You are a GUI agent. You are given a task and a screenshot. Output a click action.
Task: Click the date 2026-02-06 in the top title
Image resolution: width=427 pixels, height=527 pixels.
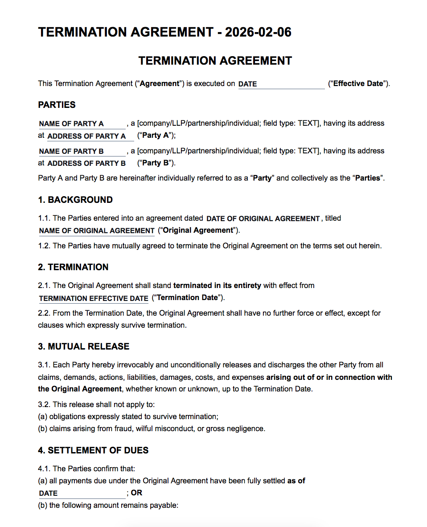258,33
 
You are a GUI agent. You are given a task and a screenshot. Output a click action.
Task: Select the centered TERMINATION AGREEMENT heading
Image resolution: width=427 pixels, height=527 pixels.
215,61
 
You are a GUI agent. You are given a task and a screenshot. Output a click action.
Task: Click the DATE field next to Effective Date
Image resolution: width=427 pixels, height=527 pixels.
281,84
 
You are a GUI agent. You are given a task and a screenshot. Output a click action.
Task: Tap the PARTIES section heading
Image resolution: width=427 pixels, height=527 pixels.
57,105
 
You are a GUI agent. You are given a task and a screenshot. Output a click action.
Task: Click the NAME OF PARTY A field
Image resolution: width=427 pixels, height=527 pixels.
82,124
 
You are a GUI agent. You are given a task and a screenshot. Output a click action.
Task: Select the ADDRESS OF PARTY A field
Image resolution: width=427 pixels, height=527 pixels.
89,136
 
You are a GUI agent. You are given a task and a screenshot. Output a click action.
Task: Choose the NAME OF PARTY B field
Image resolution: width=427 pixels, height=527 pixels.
82,151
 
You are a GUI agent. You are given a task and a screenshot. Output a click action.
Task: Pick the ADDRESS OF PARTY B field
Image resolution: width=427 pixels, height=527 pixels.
89,163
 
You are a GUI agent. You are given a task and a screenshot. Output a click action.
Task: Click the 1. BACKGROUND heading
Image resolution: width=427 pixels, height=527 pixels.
75,200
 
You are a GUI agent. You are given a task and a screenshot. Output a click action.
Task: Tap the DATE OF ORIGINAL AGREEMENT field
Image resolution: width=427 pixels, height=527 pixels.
263,218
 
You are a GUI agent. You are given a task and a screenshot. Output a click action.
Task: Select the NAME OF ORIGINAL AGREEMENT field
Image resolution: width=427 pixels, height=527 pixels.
97,231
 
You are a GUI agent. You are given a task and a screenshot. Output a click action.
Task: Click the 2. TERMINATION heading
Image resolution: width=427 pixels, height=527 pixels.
73,267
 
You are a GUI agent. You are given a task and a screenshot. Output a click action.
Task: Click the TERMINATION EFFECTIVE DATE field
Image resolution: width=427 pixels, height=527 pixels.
94,298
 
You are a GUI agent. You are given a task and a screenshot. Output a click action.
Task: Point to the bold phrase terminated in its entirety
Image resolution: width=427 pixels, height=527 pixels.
217,285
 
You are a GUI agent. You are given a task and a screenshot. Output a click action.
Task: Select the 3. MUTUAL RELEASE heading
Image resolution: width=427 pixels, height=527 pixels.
84,346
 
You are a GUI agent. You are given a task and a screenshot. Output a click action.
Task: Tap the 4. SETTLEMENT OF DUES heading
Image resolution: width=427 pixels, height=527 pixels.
93,450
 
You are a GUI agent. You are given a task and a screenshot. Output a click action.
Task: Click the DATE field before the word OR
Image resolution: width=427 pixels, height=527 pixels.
82,494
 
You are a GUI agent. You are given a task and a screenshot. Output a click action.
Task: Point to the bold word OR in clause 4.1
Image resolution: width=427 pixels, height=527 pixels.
137,493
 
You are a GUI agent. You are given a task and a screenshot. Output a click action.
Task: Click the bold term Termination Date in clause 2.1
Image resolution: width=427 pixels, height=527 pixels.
188,298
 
